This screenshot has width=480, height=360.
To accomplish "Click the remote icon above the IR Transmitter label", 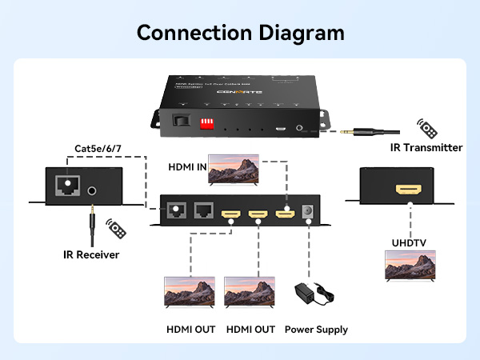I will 426,128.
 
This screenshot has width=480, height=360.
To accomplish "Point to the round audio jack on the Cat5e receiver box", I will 94,191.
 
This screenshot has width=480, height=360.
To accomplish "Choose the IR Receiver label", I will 91,255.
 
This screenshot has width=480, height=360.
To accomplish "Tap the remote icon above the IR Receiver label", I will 117,229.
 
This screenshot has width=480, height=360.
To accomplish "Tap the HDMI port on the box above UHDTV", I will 409,191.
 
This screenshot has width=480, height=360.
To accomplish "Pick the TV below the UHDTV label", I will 410,266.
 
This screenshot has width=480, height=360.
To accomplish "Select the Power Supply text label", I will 316,330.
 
